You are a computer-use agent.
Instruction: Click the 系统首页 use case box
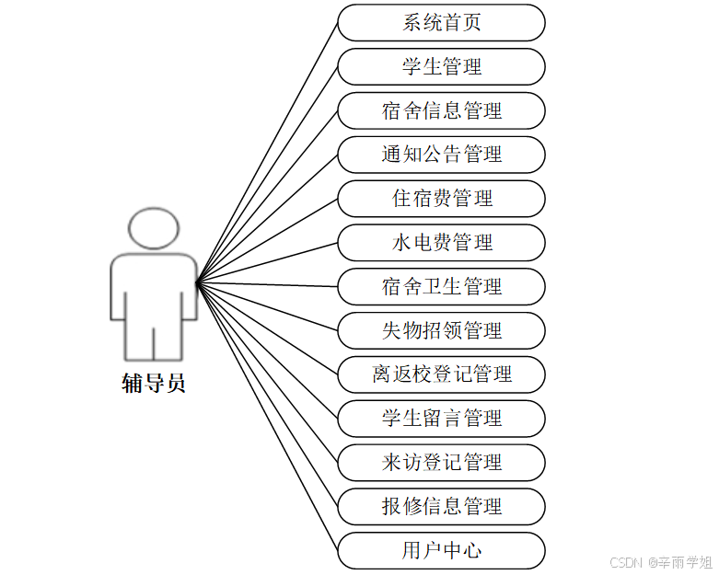[x=441, y=23]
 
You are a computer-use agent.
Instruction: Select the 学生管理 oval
[x=441, y=67]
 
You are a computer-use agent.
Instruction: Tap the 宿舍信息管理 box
[x=441, y=111]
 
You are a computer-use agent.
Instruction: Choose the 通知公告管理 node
[x=441, y=155]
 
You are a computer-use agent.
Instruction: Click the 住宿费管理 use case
[x=441, y=199]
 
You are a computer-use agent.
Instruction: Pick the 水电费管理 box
[x=441, y=243]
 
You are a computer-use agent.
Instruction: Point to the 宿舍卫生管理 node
[x=441, y=287]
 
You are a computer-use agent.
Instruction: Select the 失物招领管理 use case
[x=441, y=330]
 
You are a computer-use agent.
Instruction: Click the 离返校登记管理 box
[x=441, y=374]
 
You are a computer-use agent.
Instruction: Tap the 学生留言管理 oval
[x=441, y=419]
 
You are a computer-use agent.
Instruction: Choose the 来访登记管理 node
[x=441, y=463]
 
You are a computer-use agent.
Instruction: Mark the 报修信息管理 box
[x=441, y=506]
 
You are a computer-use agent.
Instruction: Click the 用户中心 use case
[x=441, y=550]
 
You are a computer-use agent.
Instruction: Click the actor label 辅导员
[x=154, y=384]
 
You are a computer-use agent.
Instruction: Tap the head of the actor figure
[x=154, y=229]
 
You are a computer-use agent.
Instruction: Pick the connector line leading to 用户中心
[x=267, y=414]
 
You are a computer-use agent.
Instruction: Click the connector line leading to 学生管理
[x=267, y=173]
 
